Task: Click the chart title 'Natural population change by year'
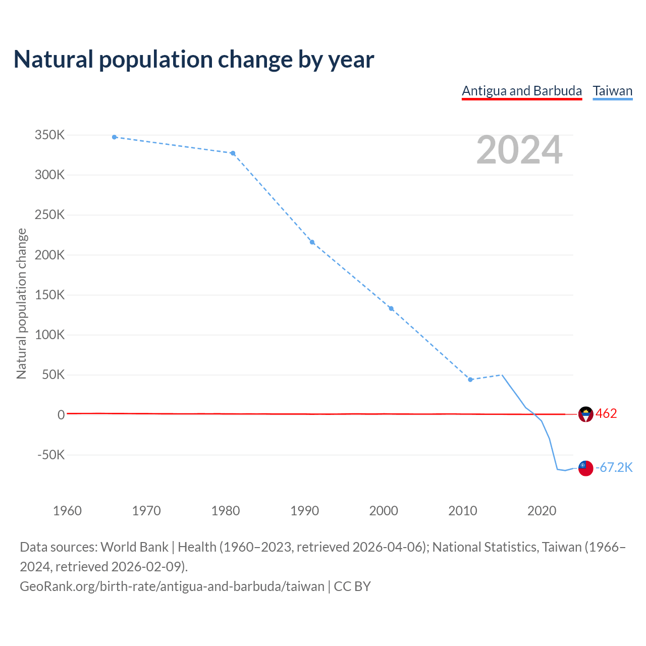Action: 194,60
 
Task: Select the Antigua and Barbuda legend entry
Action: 522,91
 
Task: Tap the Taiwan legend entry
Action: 612,91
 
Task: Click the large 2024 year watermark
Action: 519,150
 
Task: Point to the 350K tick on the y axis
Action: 49,135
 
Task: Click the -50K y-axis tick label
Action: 51,455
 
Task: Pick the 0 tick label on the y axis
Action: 61,415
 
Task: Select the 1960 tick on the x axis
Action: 67,511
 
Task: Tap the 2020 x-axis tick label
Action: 542,511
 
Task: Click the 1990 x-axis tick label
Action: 305,511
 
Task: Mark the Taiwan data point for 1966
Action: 115,137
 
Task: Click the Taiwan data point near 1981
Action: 233,153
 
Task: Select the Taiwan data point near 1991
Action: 312,242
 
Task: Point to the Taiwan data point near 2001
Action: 391,309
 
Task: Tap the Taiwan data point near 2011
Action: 470,380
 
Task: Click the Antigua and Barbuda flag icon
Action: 585,414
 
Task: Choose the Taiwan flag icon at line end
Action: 585,468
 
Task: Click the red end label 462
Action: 606,414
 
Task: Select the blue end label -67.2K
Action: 614,468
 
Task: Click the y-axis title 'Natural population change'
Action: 22,303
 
